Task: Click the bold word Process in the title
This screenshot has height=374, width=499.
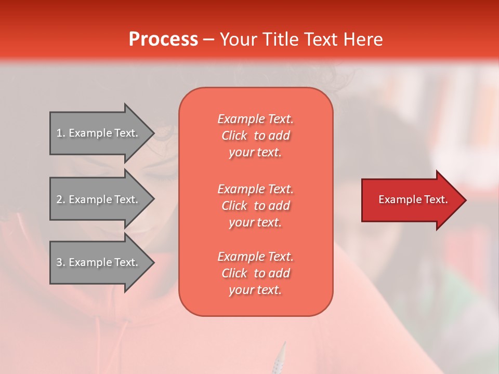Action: point(163,39)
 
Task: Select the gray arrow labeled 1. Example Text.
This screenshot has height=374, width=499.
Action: point(99,133)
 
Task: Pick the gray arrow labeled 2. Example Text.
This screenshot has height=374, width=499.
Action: point(99,199)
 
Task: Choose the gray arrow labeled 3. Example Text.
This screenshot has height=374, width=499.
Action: point(99,262)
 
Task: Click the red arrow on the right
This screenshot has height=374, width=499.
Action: point(411,200)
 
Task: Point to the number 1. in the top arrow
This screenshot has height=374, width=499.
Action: point(61,133)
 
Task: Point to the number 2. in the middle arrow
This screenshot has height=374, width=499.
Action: point(61,199)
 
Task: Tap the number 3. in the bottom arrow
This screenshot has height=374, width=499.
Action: point(61,262)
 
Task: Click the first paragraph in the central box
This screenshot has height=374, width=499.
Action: point(255,136)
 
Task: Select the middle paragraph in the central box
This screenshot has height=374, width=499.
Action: point(255,206)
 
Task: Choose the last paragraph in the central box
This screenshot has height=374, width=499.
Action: point(255,273)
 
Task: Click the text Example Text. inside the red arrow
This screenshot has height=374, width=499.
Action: point(413,199)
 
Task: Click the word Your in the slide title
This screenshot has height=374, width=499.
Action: point(239,39)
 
